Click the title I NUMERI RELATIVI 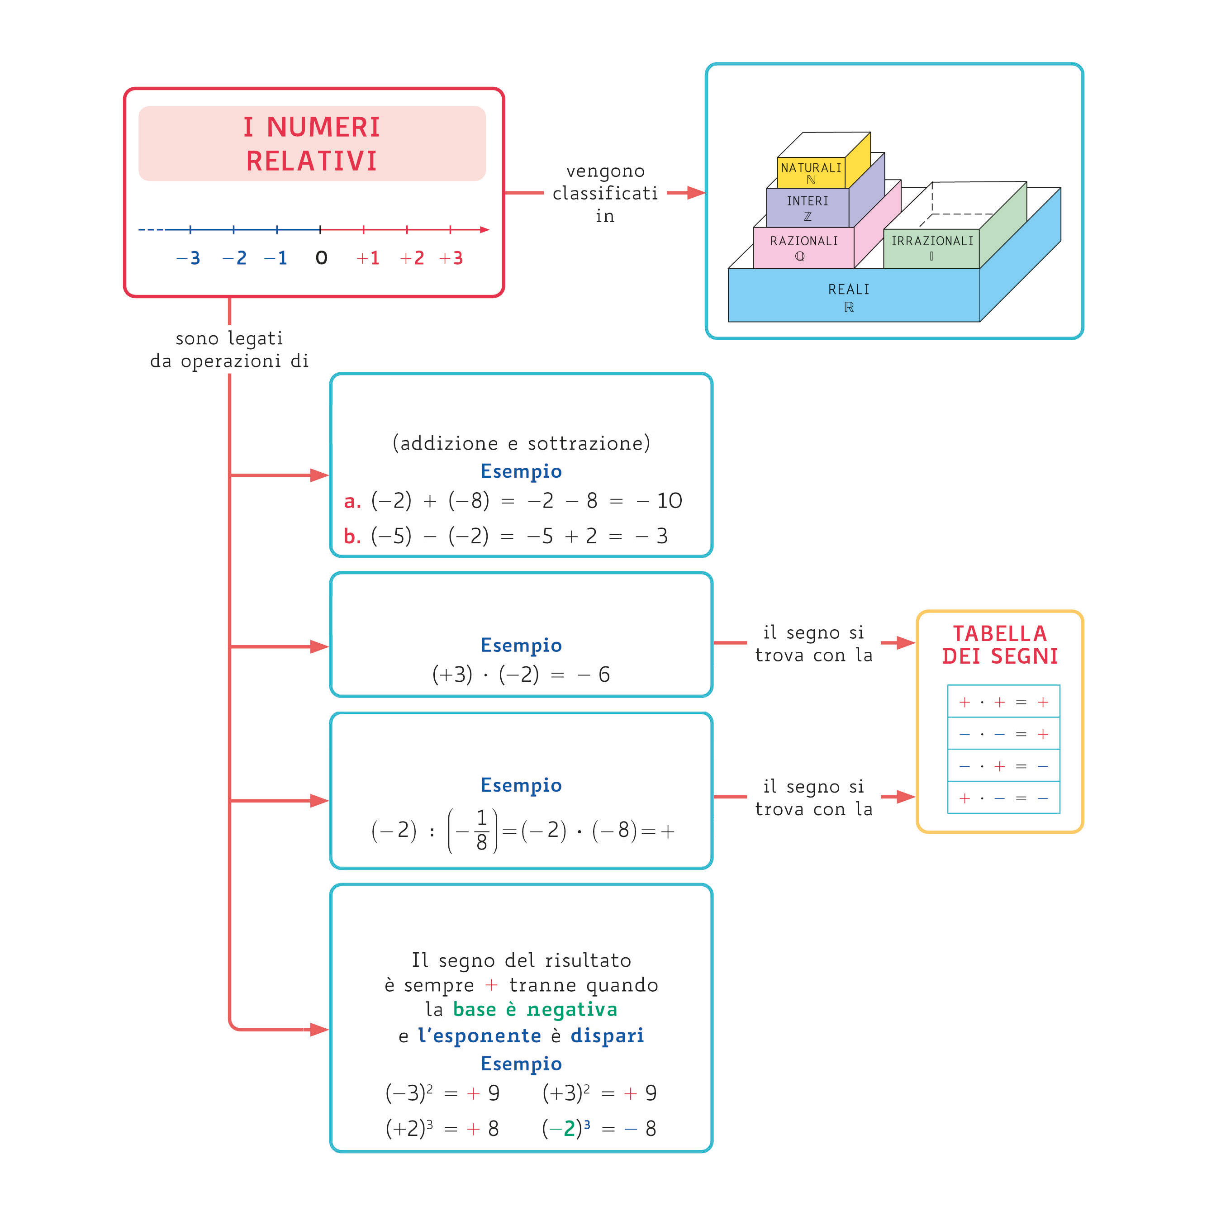[x=312, y=143]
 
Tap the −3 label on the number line [x=188, y=258]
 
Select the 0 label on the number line [x=321, y=258]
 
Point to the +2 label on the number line [x=412, y=258]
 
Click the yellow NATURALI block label [x=811, y=168]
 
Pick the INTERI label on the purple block [x=807, y=201]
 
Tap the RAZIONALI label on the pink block [x=804, y=241]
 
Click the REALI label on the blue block [x=848, y=290]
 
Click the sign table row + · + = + [x=1003, y=702]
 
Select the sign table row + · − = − [x=1003, y=798]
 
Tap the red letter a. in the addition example [x=352, y=502]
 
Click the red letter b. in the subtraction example [x=352, y=537]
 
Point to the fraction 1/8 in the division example [x=481, y=830]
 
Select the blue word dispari [x=608, y=1035]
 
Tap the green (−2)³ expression [x=566, y=1129]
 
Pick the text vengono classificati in [x=605, y=193]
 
